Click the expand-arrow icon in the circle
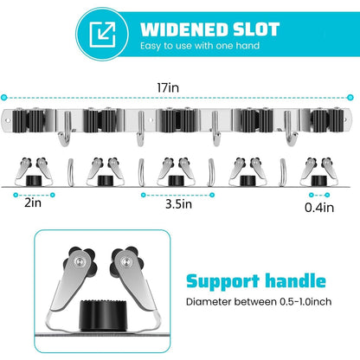tap(102, 35)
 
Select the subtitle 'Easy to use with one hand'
tap(200, 46)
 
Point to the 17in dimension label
tap(168, 87)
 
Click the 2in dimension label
tap(33, 202)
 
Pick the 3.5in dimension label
tap(178, 204)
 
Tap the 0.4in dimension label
tap(319, 208)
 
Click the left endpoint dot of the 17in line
tap(3, 98)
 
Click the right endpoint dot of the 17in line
tap(350, 98)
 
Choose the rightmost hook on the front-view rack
tap(289, 128)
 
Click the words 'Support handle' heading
tap(256, 281)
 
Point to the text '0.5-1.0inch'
tap(305, 302)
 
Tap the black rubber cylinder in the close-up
tap(103, 315)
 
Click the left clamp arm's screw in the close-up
tap(79, 261)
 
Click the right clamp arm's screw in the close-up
tap(125, 261)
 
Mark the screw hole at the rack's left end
tap(8, 120)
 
